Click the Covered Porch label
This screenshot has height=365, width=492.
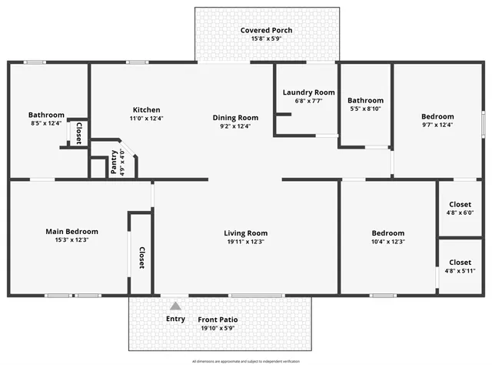coord(266,30)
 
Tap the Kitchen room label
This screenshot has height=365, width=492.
coord(146,109)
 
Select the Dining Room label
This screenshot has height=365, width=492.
coord(235,118)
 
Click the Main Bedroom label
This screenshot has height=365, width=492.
coord(71,231)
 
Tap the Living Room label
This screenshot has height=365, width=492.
coord(245,233)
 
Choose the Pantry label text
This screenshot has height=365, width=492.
coord(114,162)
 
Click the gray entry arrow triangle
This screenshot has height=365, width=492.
coord(175,306)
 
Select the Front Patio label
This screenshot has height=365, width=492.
coord(218,320)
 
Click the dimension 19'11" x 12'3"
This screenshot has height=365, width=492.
coord(245,242)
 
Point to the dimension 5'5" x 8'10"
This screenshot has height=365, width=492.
coord(365,109)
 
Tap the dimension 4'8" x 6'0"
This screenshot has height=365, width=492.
coord(460,212)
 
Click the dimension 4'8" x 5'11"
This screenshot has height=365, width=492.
coord(460,270)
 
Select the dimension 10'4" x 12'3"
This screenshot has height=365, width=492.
coord(387,242)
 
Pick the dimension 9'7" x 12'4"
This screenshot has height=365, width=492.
coord(438,125)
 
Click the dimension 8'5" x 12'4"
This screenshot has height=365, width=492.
coord(46,123)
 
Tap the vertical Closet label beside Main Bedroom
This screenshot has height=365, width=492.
coord(141,258)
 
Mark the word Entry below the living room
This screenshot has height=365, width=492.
coord(175,319)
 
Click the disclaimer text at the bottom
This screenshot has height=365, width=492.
coord(245,360)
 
